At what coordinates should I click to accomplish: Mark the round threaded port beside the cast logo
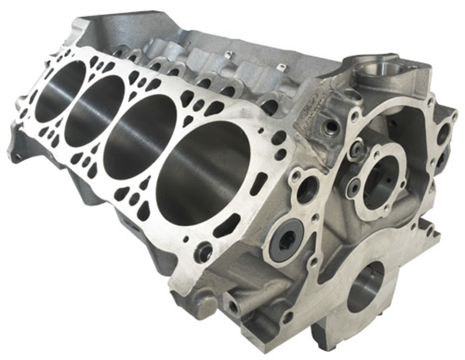tap(329, 126)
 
